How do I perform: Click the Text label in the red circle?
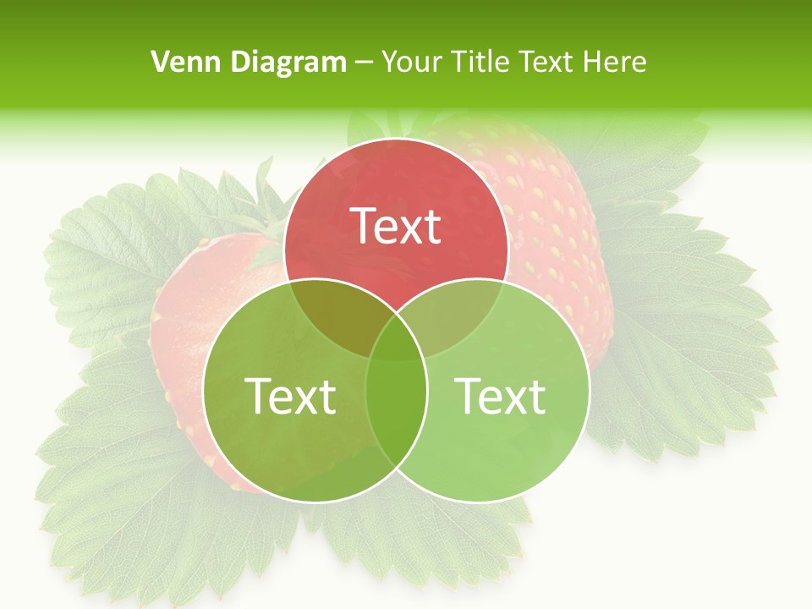(x=396, y=226)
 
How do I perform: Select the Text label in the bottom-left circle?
(x=290, y=395)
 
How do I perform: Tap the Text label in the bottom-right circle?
(x=501, y=395)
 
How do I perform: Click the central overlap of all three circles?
(x=396, y=338)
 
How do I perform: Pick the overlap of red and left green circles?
(x=338, y=313)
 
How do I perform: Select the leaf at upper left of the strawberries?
(x=110, y=254)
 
